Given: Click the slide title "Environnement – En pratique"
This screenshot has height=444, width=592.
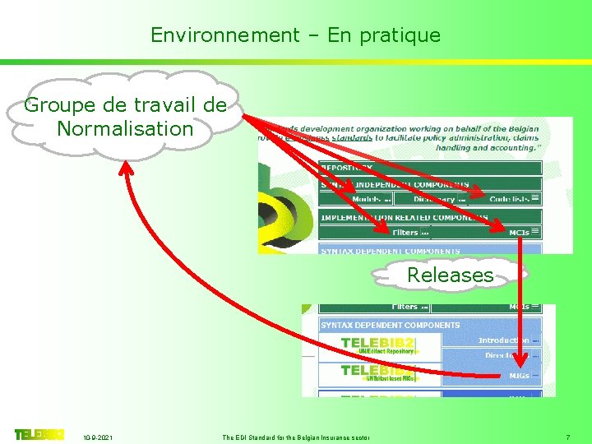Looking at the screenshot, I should point(295,35).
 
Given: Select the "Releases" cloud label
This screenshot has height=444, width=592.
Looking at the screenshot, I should point(450,275).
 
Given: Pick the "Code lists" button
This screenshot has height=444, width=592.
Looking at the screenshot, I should point(510,199).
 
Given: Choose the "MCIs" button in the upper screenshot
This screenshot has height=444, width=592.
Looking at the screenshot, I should point(519,233).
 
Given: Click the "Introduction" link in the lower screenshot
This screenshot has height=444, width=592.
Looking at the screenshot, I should point(503,340).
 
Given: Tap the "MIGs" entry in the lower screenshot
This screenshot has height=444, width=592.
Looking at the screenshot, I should point(518,376).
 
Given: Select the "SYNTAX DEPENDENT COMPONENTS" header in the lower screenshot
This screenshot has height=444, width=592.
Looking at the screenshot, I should point(390,326).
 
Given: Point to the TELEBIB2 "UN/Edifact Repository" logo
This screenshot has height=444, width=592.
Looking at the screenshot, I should point(377,345).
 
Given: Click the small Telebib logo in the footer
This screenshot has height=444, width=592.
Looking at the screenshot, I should point(39,434).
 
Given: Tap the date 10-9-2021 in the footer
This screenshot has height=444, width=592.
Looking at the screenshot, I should point(98,437).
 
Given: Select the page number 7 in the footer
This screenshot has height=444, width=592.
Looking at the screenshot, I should point(568,437).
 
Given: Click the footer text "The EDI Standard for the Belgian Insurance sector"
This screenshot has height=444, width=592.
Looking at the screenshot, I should point(296,437).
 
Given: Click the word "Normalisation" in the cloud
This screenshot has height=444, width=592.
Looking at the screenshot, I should point(125,128).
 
